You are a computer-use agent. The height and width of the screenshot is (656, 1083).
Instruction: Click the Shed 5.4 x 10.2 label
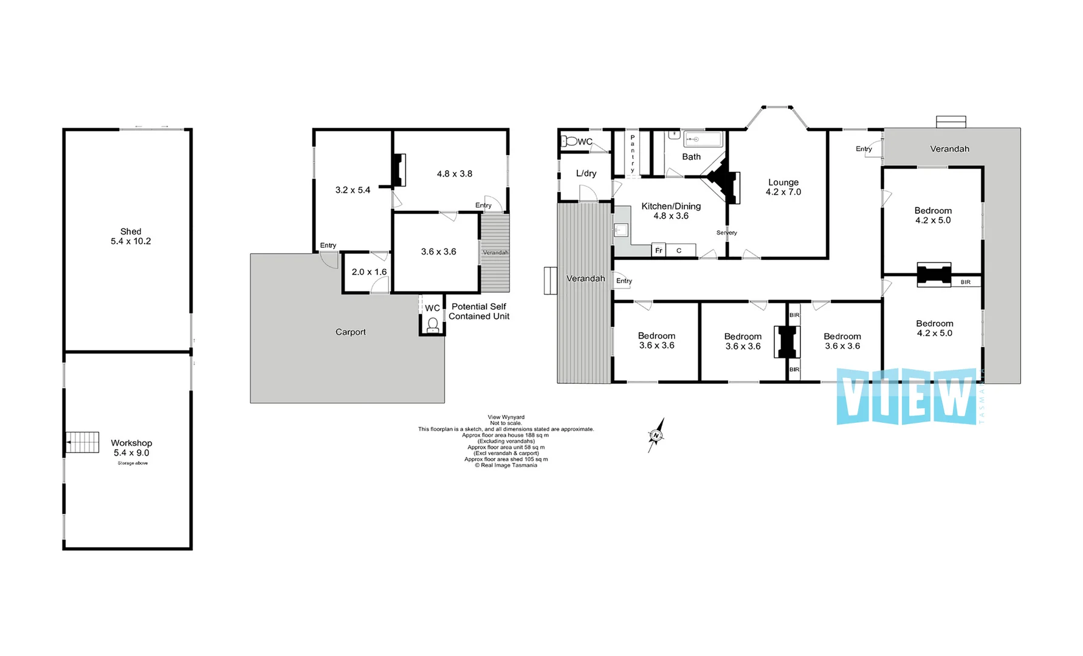click(131, 236)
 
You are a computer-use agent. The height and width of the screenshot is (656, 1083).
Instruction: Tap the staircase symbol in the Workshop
click(82, 442)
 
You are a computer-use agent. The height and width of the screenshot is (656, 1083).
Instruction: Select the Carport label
click(351, 332)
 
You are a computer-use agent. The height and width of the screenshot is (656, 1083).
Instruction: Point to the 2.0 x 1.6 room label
click(369, 272)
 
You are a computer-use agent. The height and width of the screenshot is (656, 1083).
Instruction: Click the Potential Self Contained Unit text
click(479, 312)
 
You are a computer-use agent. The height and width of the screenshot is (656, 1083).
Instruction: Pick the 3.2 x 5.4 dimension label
click(352, 190)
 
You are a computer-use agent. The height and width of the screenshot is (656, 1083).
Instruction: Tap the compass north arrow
click(656, 435)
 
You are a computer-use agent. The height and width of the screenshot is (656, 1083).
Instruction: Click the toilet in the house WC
click(569, 142)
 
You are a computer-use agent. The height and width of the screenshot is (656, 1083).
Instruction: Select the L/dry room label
click(586, 174)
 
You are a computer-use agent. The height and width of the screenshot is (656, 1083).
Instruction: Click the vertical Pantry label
click(632, 154)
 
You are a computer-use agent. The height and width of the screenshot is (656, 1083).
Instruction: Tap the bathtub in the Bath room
click(703, 139)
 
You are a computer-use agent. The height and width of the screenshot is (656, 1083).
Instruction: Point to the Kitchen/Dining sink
click(621, 230)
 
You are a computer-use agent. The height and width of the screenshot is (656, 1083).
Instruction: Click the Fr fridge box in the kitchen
click(659, 250)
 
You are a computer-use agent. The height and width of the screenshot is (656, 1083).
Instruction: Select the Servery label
click(726, 233)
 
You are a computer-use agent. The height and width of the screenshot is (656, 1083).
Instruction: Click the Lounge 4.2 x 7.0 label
click(783, 187)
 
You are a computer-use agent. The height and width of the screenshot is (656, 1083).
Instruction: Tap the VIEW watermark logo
click(907, 397)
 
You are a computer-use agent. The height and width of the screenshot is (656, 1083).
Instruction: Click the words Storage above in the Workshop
click(132, 463)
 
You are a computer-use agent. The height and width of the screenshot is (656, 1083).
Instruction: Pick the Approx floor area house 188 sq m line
click(505, 436)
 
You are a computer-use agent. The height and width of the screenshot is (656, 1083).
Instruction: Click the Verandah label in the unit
click(495, 253)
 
